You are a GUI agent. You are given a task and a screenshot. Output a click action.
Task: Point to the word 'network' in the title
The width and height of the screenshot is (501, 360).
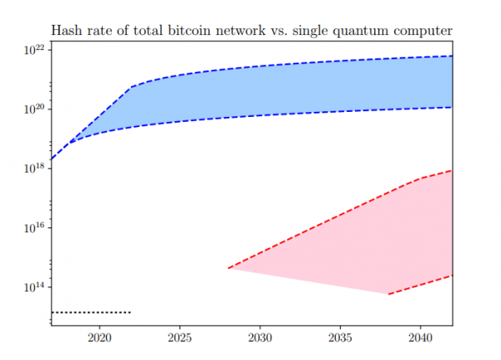pyautogui.click(x=254, y=30)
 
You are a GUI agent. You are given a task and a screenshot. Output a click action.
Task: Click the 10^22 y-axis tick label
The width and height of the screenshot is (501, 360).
pyautogui.click(x=33, y=50)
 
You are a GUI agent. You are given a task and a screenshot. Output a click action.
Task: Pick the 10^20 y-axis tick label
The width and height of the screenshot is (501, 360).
pyautogui.click(x=33, y=109)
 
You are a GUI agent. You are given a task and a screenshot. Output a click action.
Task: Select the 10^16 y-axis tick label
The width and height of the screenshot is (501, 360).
pyautogui.click(x=33, y=228)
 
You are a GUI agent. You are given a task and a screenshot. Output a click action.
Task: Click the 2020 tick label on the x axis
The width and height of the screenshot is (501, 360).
pyautogui.click(x=99, y=338)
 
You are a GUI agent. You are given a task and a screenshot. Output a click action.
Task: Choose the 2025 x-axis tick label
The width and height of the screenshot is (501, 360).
pyautogui.click(x=180, y=338)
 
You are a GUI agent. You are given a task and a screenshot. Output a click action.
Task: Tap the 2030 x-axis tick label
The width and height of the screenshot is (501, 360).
pyautogui.click(x=260, y=338)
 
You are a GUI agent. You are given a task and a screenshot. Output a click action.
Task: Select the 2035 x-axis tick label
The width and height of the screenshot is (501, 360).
pyautogui.click(x=340, y=338)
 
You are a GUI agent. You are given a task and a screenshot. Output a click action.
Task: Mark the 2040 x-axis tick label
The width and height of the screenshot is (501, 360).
pyautogui.click(x=419, y=338)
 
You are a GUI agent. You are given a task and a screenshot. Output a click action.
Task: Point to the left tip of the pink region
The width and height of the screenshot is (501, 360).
pyautogui.click(x=229, y=268)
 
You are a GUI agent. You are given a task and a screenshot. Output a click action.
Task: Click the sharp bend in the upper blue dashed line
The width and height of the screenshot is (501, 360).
pyautogui.click(x=131, y=87)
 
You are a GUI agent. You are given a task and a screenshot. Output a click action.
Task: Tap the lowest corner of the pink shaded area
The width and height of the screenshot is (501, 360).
pyautogui.click(x=388, y=294)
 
